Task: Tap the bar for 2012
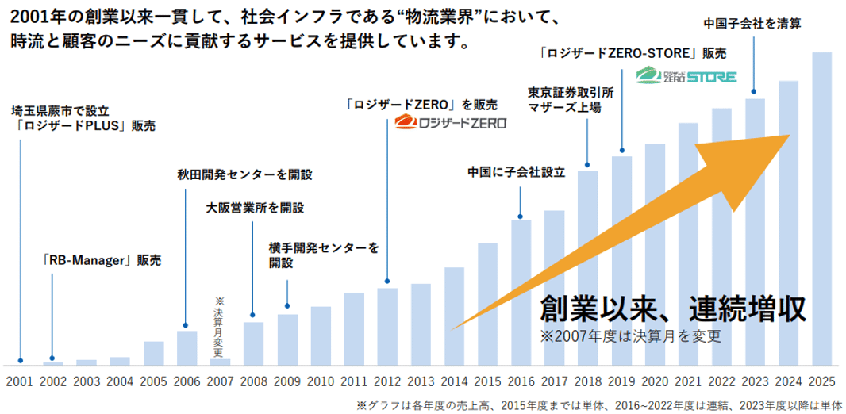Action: (386, 326)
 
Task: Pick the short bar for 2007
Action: (220, 362)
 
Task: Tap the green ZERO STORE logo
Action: (687, 77)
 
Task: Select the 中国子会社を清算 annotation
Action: (752, 24)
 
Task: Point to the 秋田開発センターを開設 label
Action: (245, 174)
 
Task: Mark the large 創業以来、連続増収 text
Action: (673, 307)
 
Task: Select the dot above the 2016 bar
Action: (520, 214)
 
